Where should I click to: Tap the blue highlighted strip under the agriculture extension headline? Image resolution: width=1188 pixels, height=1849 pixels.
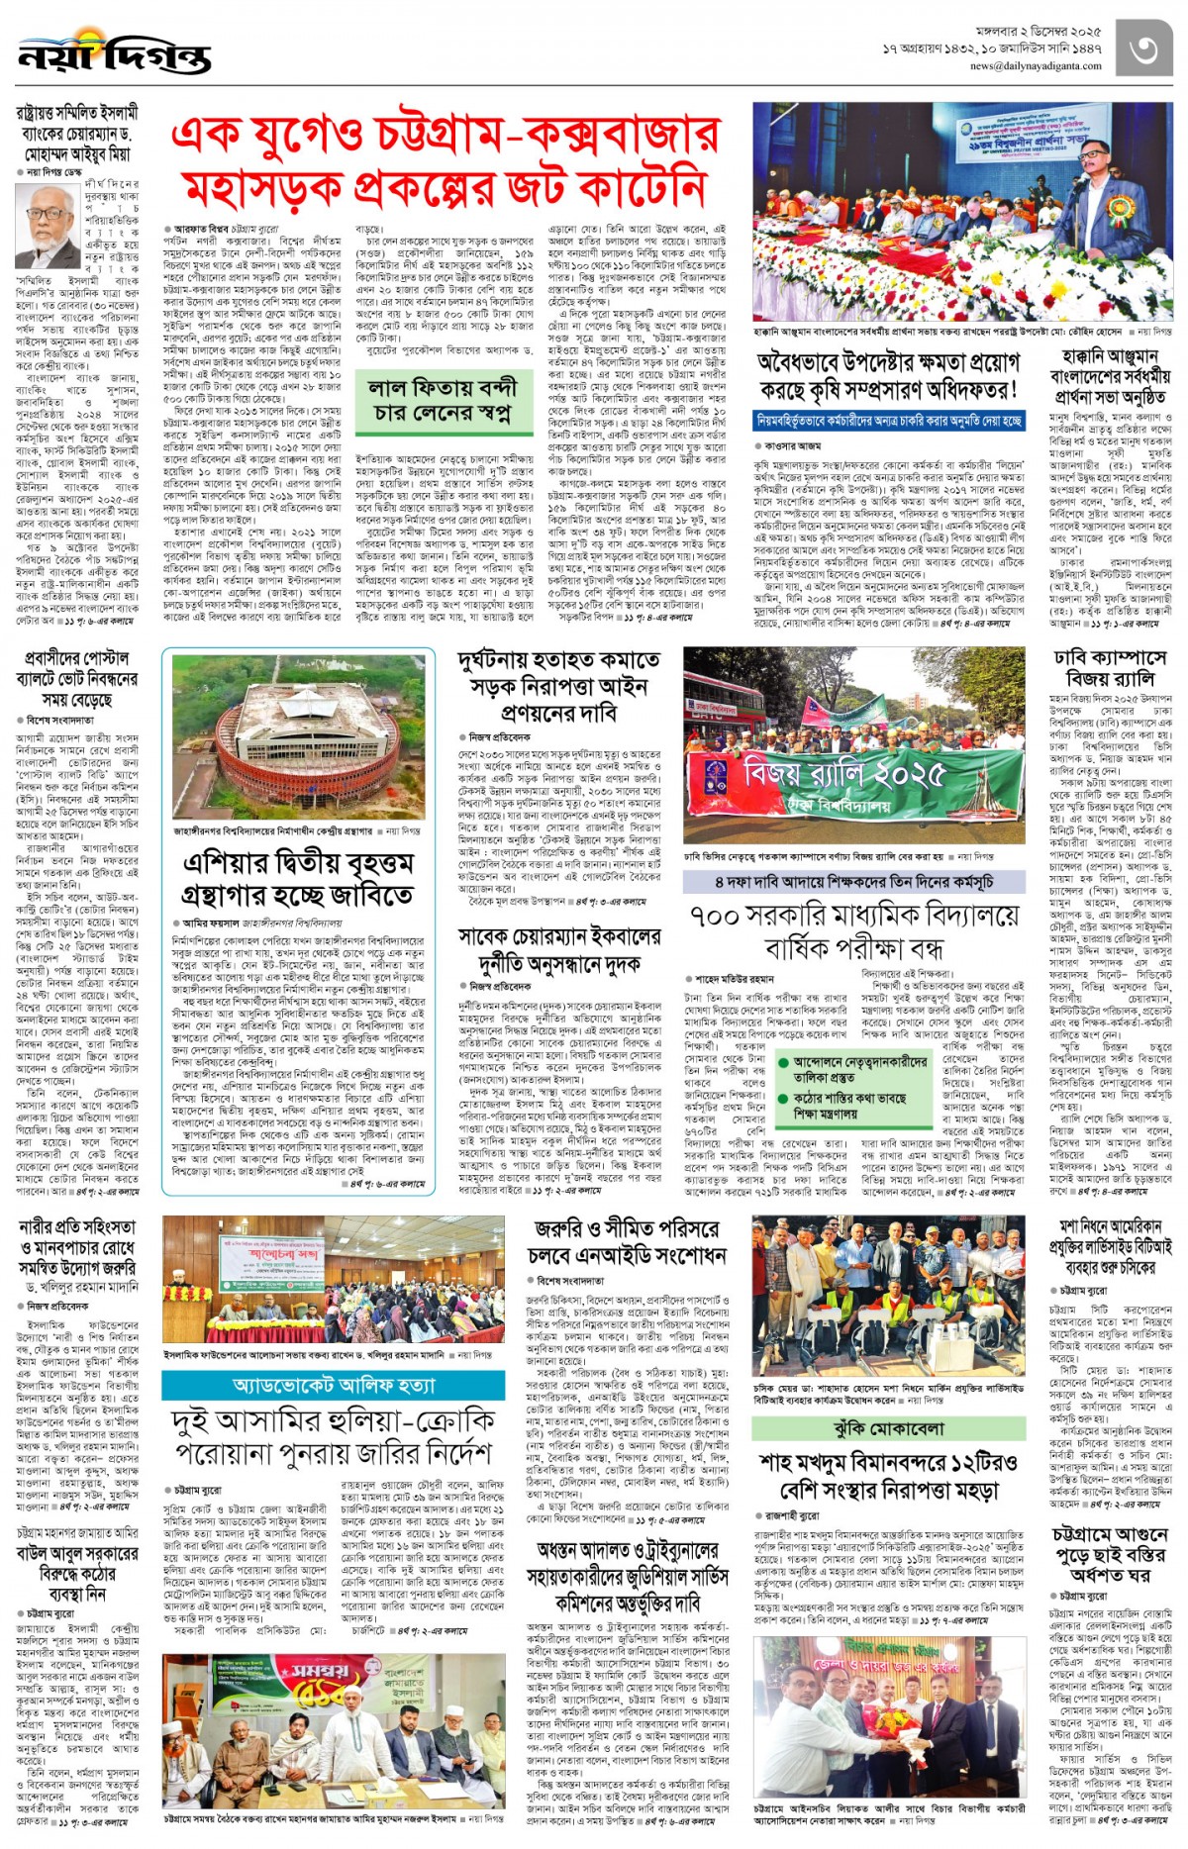pos(888,421)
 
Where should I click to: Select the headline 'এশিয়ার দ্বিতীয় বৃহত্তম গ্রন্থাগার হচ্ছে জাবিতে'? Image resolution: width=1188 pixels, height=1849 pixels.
pos(298,880)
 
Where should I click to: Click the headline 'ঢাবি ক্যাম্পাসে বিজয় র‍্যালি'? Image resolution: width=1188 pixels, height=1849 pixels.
pos(1110,667)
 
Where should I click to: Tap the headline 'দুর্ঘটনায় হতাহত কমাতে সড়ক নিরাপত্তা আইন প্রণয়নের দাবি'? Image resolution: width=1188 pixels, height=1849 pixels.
pos(558,686)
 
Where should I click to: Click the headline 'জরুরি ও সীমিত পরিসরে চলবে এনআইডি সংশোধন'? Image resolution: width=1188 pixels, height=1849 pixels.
pos(626,1241)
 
